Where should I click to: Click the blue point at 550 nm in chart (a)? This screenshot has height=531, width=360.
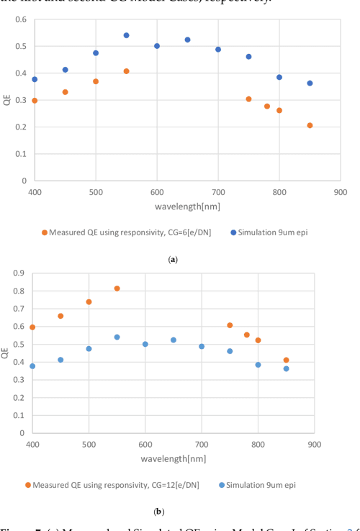126,35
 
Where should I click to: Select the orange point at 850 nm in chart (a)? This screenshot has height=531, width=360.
310,125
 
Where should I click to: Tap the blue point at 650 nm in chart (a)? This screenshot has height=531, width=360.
187,40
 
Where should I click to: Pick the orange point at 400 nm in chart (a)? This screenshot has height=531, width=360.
35,101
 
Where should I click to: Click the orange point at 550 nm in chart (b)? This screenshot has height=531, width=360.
117,289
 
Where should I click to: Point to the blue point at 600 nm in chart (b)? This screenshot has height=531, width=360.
145,344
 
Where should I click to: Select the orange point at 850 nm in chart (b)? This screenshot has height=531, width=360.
286,360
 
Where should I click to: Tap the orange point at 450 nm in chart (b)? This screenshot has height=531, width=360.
60,316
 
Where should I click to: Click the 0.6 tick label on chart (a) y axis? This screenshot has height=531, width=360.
21,19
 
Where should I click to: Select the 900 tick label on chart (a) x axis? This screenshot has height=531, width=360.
340,192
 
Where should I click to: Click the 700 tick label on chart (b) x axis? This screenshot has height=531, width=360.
202,445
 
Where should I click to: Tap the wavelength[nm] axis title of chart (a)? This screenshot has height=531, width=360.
187,206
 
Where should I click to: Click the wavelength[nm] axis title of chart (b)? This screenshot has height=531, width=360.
173,458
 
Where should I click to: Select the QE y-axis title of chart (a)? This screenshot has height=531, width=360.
6,101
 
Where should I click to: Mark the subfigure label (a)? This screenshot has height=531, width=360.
173,259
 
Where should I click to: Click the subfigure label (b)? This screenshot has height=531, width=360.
159,512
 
